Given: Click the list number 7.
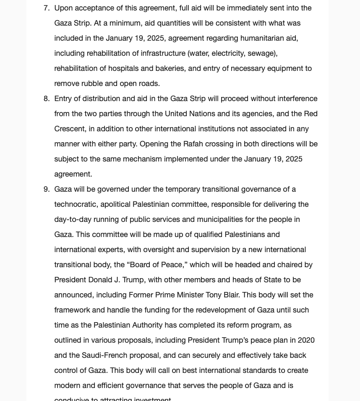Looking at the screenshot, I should coord(47,8).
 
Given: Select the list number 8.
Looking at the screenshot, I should coord(47,99).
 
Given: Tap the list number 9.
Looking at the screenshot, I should coord(47,189).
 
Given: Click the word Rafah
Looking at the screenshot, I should coord(194,144).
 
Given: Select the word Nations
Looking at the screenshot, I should coord(202,114).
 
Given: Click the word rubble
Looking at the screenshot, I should coord(92,83).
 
